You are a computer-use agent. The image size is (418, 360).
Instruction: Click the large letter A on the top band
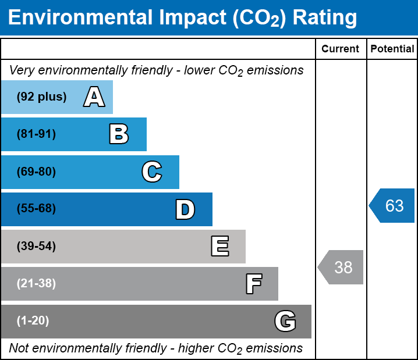(x=94, y=97)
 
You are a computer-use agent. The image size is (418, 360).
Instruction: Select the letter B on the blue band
(x=119, y=134)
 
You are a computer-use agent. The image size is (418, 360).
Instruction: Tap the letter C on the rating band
(x=152, y=172)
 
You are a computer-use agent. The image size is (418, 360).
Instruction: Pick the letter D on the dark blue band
(x=185, y=209)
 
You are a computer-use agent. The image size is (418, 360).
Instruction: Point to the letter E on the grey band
(x=219, y=247)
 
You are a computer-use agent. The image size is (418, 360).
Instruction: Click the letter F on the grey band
(x=253, y=284)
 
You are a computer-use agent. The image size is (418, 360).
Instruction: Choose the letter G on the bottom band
(x=285, y=321)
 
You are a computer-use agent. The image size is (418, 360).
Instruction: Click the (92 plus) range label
(x=41, y=97)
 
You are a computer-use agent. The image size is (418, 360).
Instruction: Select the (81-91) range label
(x=36, y=134)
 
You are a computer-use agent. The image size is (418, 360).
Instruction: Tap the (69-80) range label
(x=36, y=172)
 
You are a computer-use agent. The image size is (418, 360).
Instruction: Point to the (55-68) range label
(x=36, y=209)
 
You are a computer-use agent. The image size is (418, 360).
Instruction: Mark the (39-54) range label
(x=36, y=247)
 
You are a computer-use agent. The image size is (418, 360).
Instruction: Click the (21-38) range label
(x=36, y=284)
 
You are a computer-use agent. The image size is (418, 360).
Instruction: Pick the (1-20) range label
(x=33, y=321)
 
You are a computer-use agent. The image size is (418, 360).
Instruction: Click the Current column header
(x=341, y=49)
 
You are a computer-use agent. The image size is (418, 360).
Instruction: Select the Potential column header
(x=392, y=49)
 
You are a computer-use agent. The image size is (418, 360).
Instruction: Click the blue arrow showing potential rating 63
(x=392, y=205)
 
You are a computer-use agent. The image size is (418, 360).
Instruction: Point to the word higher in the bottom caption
(x=193, y=348)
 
